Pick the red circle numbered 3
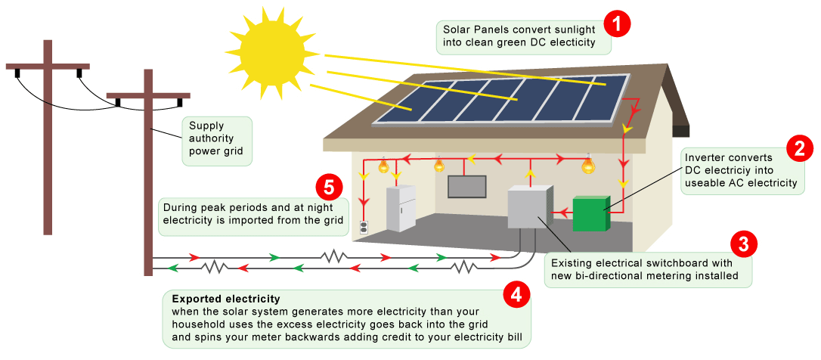pyautogui.click(x=744, y=244)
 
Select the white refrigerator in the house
pyautogui.click(x=400, y=209)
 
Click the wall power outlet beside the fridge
pyautogui.click(x=364, y=226)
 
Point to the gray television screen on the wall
pyautogui.click(x=466, y=186)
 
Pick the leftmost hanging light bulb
pyautogui.click(x=383, y=165)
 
